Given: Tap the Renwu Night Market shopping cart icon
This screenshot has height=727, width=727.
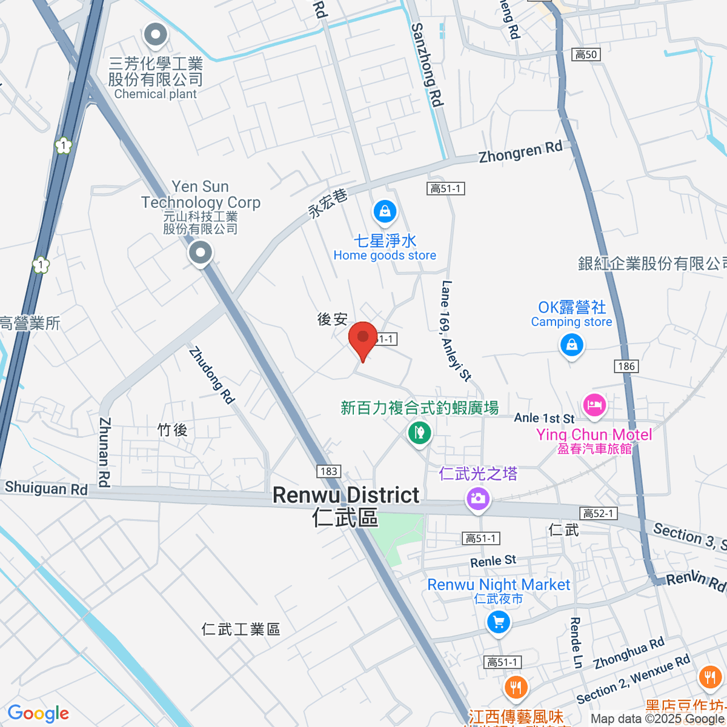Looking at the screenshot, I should pos(498,622).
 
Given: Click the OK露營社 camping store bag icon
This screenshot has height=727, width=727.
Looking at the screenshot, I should pos(571,346).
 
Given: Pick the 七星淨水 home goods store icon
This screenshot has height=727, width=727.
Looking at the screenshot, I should pos(385,211).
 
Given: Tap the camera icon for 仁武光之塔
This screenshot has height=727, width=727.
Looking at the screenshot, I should pos(477,499).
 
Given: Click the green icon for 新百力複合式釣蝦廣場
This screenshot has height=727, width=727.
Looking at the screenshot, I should pos(419,433).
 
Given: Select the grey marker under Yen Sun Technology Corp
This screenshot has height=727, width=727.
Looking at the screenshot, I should pos(200,253).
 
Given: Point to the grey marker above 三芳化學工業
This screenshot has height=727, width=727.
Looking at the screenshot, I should pos(156,35).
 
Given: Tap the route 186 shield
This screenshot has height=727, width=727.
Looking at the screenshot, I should pos(626,366).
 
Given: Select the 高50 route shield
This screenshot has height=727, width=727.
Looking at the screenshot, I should pos(586,55).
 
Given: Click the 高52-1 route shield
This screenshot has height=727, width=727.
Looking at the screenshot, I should pos(599,514).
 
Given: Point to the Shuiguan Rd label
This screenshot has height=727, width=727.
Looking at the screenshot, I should pos(46,488).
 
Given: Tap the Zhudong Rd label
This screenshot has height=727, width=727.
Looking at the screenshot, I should pos(211,375).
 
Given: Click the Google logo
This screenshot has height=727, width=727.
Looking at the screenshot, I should pos(38,713).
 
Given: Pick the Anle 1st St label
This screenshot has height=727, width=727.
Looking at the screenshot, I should pos(544,418).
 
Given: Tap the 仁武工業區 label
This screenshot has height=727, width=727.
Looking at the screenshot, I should pos(241,629).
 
